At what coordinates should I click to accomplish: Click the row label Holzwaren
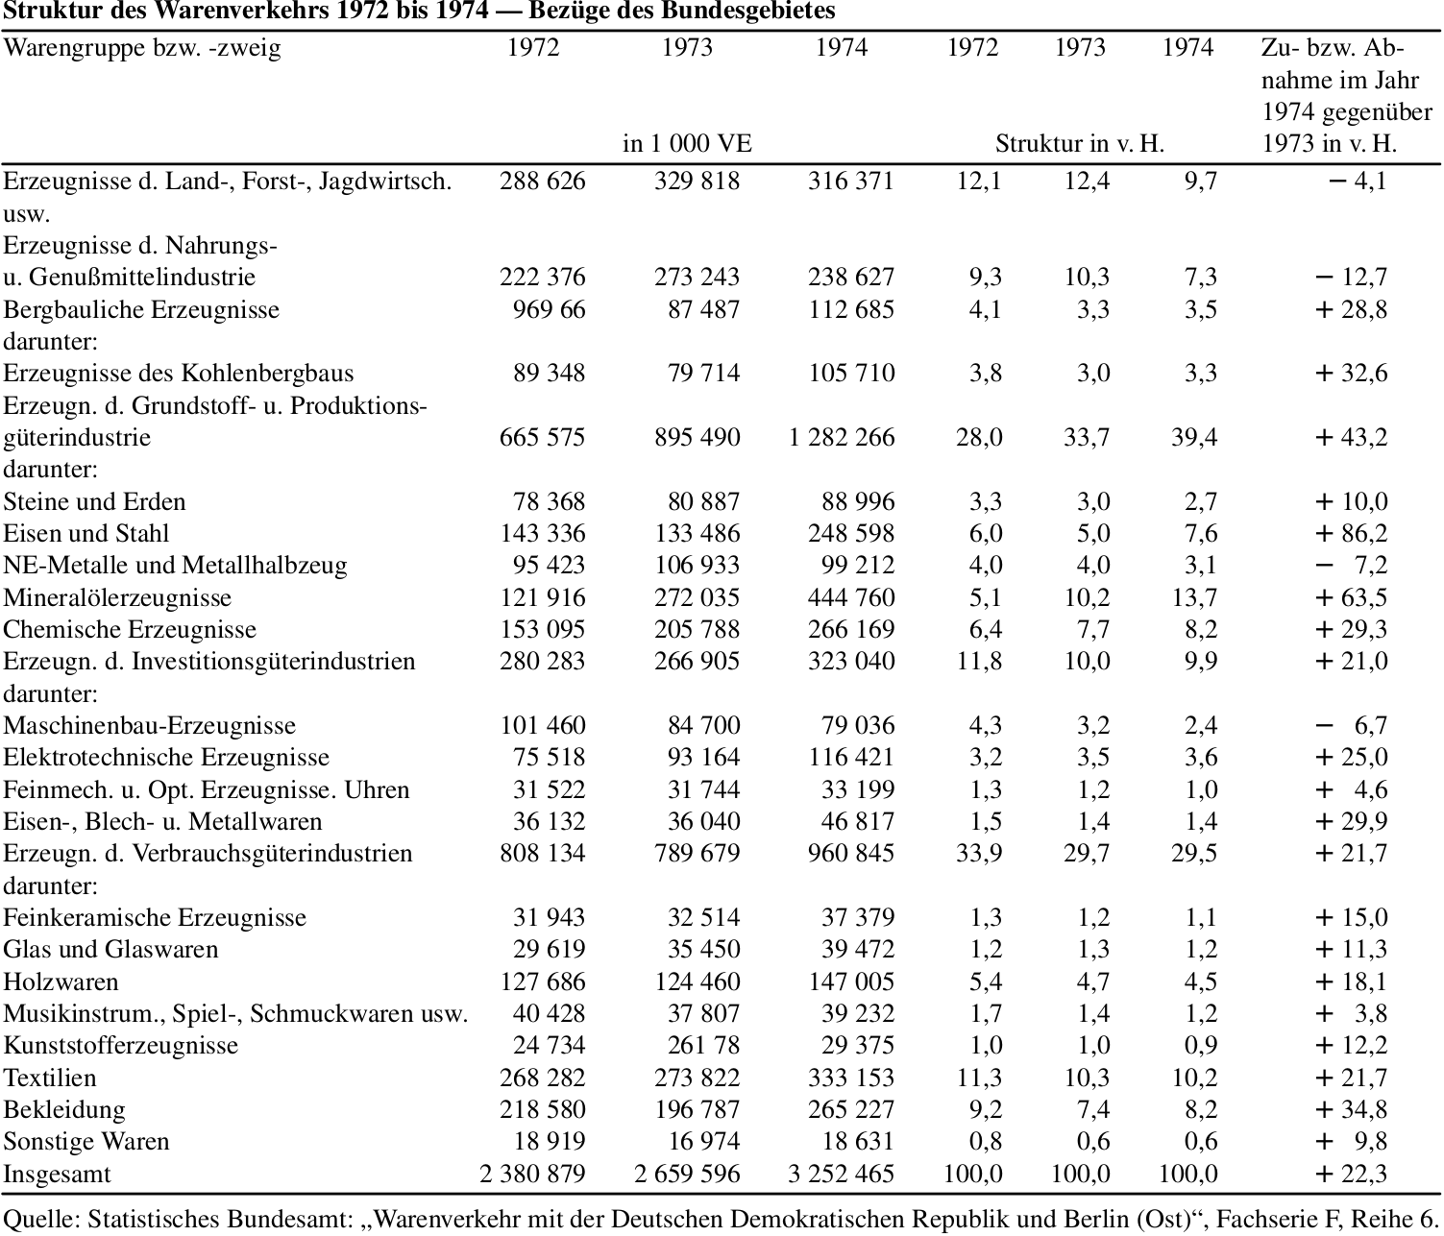(x=61, y=982)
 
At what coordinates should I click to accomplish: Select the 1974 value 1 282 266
(x=841, y=437)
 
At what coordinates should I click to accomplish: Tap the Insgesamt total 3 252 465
(x=841, y=1174)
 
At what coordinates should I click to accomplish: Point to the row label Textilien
(x=50, y=1078)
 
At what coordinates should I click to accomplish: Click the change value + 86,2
(x=1351, y=534)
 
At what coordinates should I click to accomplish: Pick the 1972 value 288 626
(x=542, y=182)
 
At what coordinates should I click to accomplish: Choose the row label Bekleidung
(x=64, y=1109)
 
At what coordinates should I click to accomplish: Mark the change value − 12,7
(x=1351, y=278)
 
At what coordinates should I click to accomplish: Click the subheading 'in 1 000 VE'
(x=687, y=144)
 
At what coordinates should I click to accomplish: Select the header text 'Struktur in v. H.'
(x=1080, y=144)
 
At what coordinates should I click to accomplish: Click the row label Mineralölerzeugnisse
(x=117, y=597)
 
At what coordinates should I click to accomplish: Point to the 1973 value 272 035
(x=697, y=597)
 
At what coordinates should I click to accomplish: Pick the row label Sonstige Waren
(x=86, y=1142)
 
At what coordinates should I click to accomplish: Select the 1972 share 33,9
(x=979, y=854)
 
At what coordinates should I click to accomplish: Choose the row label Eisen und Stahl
(x=86, y=534)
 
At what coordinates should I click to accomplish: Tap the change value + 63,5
(x=1351, y=597)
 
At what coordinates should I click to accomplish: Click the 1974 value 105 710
(x=851, y=373)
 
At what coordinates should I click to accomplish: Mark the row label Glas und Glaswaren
(x=111, y=950)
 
